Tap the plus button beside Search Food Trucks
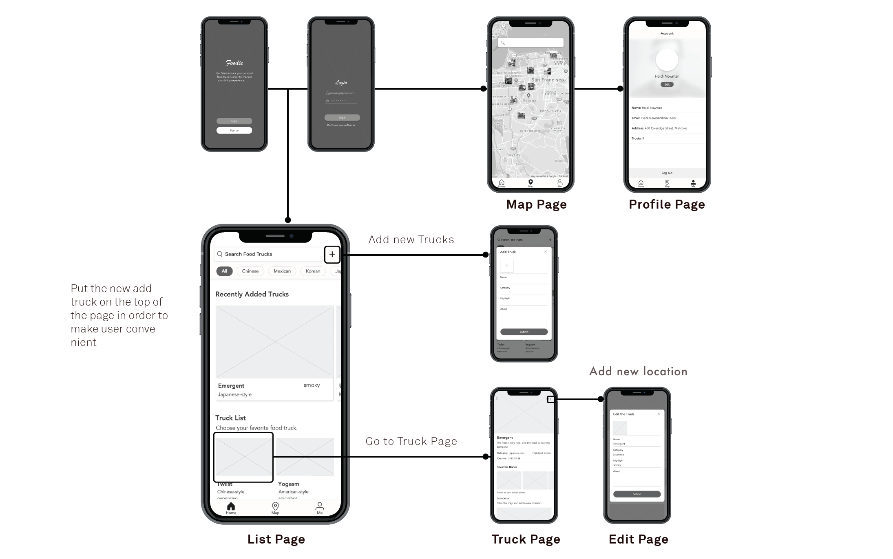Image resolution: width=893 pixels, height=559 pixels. (x=332, y=254)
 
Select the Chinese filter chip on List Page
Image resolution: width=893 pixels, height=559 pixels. (x=250, y=271)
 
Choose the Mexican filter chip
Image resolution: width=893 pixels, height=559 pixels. (x=282, y=271)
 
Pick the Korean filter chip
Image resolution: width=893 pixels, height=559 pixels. (x=313, y=271)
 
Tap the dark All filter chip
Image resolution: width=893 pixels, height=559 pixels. (x=224, y=271)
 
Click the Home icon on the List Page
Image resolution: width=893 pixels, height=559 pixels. (x=231, y=507)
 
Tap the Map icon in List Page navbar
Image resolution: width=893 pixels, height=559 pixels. (x=275, y=507)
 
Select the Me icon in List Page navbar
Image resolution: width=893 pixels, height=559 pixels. (x=320, y=507)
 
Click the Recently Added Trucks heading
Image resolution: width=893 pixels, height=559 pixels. (x=252, y=294)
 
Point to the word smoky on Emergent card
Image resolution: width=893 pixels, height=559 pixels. (x=312, y=385)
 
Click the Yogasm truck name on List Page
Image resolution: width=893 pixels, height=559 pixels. (x=288, y=484)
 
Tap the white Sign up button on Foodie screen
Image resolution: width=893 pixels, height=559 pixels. (x=234, y=130)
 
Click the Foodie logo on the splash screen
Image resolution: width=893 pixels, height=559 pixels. (x=234, y=63)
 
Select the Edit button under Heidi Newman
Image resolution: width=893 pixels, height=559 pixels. (x=667, y=84)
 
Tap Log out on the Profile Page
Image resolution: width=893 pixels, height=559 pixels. (x=667, y=173)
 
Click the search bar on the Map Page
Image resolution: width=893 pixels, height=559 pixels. (x=530, y=42)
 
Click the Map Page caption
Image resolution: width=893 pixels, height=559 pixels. (x=536, y=204)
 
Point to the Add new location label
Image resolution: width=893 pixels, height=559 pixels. (x=638, y=371)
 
